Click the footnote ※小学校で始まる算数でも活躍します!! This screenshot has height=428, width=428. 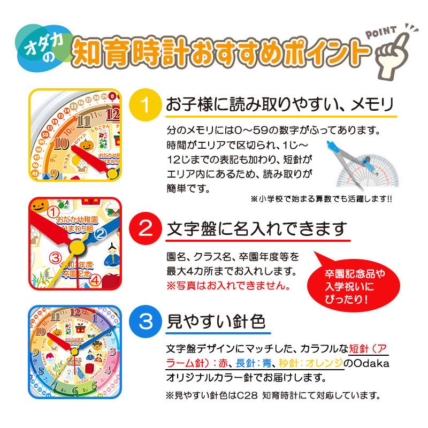[x=320, y=199]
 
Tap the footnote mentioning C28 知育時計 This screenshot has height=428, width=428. [x=273, y=396]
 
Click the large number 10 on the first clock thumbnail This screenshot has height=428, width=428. [x=60, y=143]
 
